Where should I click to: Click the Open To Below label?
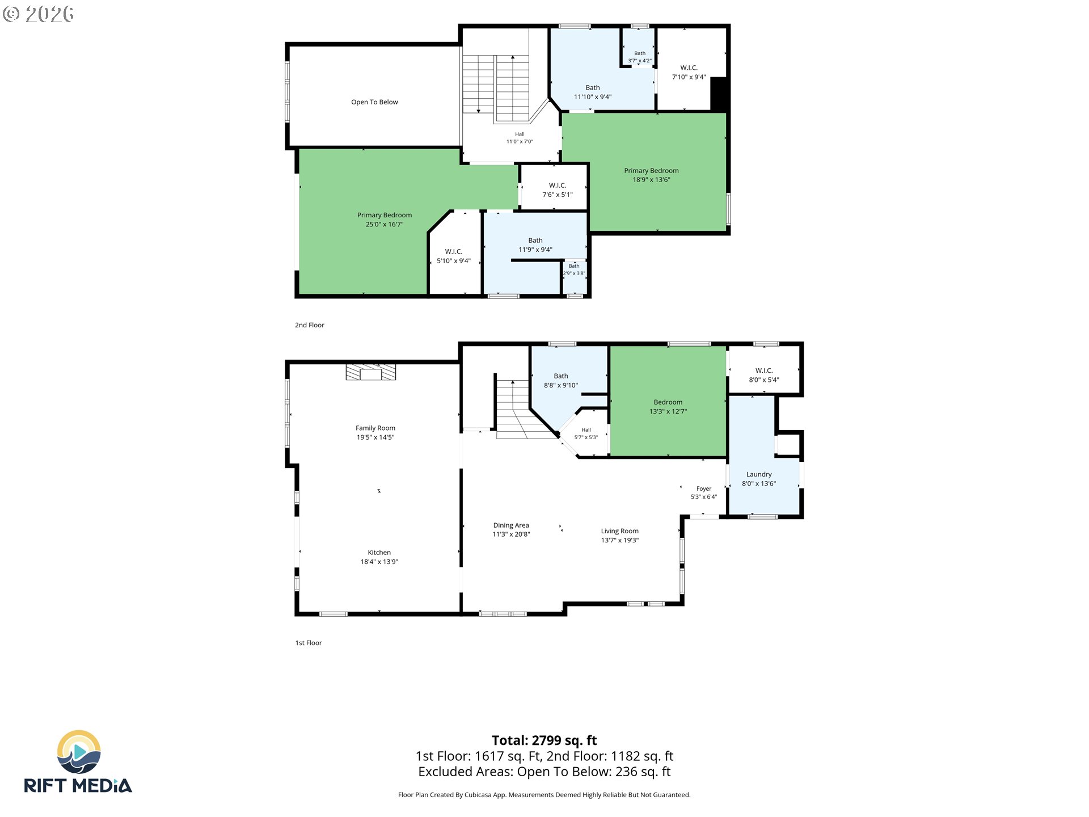(374, 102)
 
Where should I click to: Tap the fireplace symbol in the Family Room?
(371, 372)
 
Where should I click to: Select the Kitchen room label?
(379, 553)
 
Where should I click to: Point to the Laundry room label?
(759, 474)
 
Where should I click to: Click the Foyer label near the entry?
(704, 488)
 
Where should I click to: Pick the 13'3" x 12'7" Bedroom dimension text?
(668, 411)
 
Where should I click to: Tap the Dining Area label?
(511, 525)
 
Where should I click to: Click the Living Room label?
(620, 531)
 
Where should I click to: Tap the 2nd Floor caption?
(310, 325)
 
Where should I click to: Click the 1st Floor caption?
(309, 643)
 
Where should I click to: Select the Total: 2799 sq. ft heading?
(544, 740)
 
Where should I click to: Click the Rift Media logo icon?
(79, 752)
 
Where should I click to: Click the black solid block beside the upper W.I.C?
(719, 94)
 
